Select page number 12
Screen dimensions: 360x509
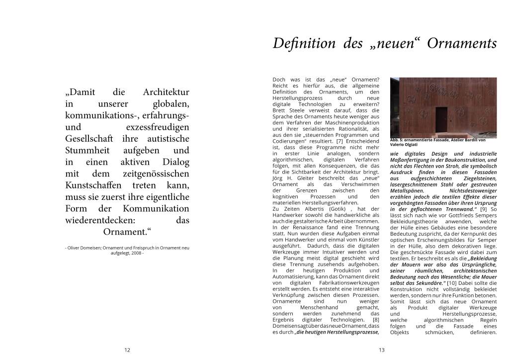click(127, 350)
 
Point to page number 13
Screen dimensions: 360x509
click(382, 350)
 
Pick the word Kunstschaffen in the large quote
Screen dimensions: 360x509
click(94, 185)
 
